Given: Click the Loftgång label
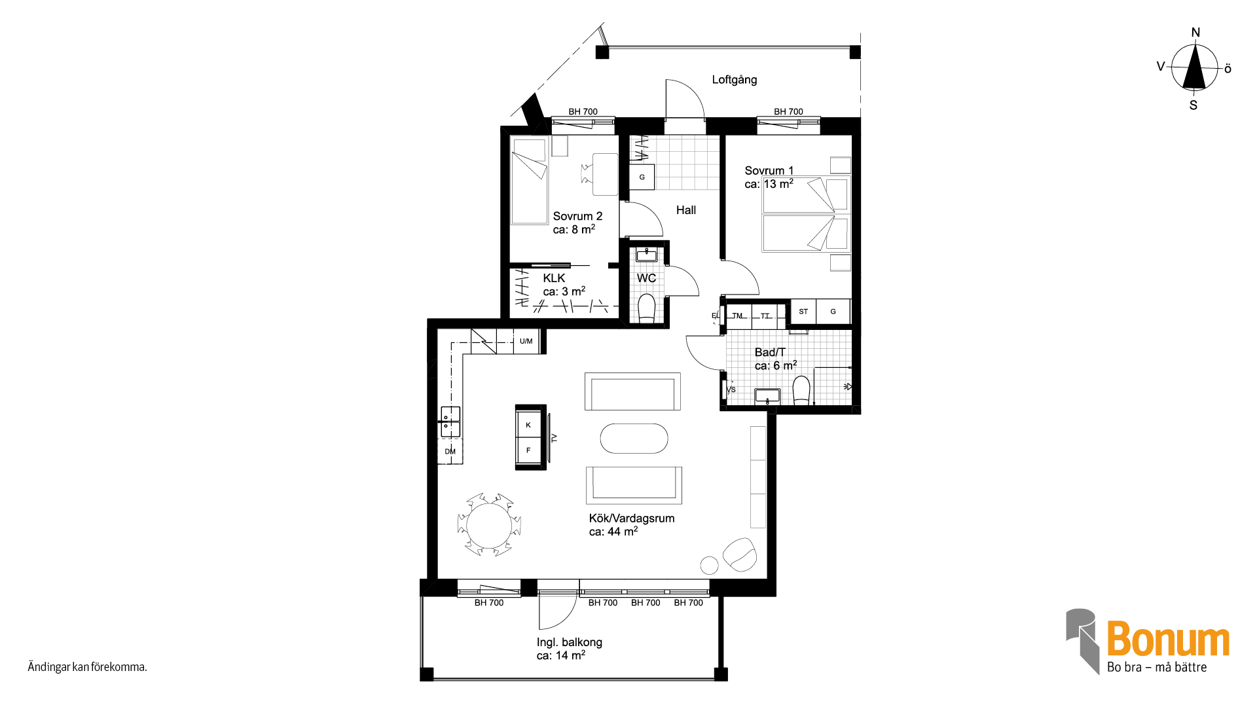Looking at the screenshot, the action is pos(735,80).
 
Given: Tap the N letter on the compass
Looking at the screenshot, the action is pos(1195,33).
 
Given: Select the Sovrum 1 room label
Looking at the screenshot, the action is pos(769,171).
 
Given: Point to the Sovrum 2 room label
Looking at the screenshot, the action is pos(577,216).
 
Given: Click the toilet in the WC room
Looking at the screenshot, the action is pos(647,308).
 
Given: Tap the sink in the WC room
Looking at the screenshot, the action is pos(647,254).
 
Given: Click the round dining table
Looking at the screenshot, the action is pos(489,525).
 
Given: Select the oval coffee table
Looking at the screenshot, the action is pos(634,439).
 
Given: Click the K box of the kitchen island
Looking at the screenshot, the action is pos(528,425).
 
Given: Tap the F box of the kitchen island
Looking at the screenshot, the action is pos(528,450).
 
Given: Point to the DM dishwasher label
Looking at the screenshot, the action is pos(450,452).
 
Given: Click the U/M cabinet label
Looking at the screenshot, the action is pos(526,341).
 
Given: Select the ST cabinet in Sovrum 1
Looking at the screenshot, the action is pos(803,312).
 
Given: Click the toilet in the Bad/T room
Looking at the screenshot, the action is pos(801,391).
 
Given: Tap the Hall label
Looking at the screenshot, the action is pos(686,210).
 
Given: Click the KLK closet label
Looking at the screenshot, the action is pos(554,278).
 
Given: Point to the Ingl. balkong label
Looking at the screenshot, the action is pos(570,642).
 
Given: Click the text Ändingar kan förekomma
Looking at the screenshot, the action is pos(87,667).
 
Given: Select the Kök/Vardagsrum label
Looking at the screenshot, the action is pos(632,518).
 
